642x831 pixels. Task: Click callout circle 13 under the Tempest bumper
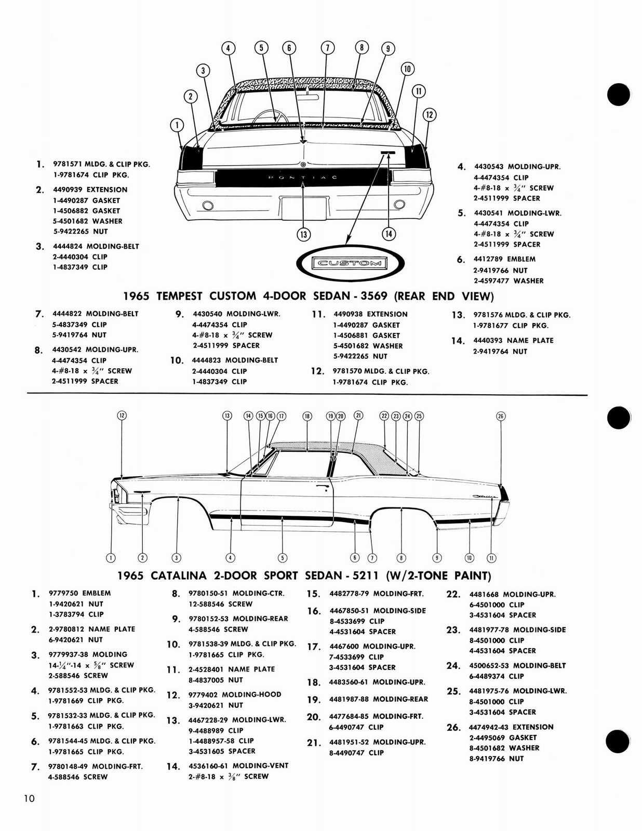(x=303, y=235)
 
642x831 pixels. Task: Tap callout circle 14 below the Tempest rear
(x=389, y=234)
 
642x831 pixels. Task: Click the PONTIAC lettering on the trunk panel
(x=303, y=178)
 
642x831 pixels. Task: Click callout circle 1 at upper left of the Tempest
(x=177, y=125)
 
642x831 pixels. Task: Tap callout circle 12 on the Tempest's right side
(x=429, y=115)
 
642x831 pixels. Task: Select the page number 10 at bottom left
(x=29, y=798)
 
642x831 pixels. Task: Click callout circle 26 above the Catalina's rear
(x=501, y=416)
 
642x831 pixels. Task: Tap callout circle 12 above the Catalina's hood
(x=122, y=415)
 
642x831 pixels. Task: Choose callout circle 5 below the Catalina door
(x=283, y=558)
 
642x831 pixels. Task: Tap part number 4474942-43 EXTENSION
(x=511, y=727)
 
